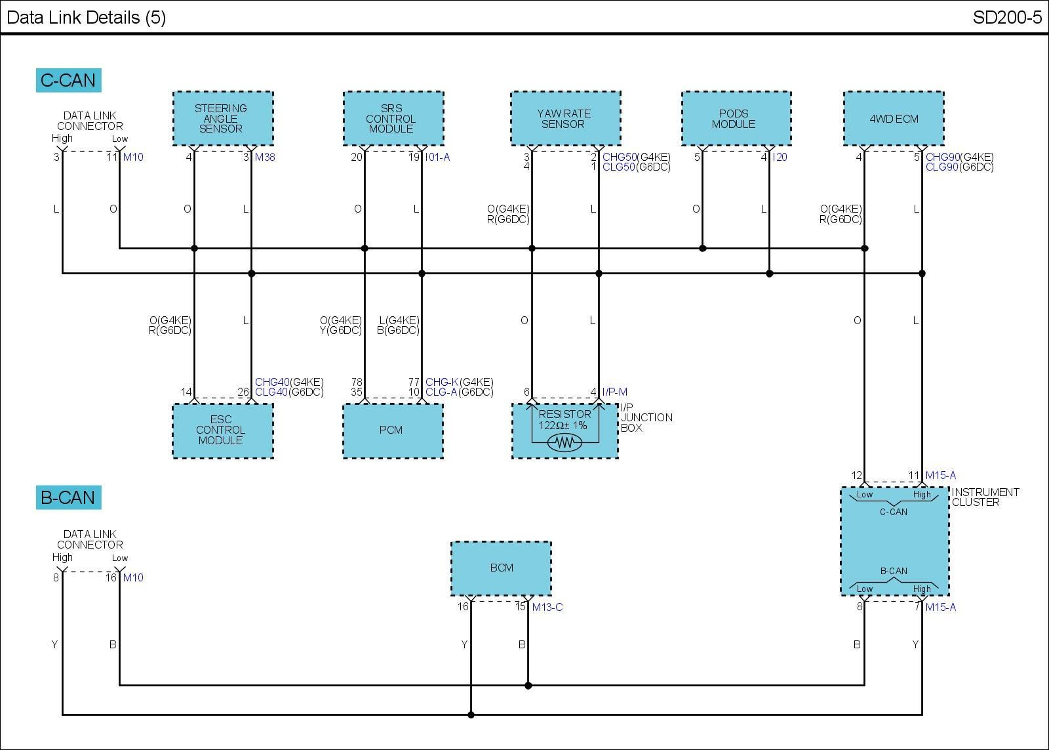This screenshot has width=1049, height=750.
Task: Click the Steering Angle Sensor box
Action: (x=223, y=119)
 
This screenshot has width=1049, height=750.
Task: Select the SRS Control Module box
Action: (x=393, y=119)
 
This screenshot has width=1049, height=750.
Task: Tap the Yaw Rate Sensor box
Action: (x=566, y=119)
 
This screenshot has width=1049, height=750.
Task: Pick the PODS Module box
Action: (x=736, y=119)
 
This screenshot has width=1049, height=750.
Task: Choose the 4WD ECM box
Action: (x=894, y=119)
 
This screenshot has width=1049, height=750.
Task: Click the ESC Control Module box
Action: (x=223, y=431)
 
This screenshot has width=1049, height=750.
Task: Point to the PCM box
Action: (x=393, y=431)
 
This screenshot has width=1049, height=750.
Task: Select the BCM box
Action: (x=501, y=568)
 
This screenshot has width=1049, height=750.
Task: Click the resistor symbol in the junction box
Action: (x=564, y=442)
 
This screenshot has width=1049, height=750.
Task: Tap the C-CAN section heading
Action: (x=68, y=80)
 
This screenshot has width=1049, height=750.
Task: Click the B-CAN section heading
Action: (x=68, y=497)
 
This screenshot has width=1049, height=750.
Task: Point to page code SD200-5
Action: (x=1007, y=17)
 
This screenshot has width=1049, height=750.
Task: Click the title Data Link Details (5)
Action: (x=86, y=17)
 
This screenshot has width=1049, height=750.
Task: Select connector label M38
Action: (x=265, y=157)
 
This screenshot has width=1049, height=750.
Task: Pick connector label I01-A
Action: (x=437, y=157)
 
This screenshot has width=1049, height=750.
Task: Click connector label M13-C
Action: (x=547, y=607)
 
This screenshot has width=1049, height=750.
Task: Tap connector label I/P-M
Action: (x=614, y=392)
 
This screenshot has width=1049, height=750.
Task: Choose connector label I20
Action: (x=780, y=157)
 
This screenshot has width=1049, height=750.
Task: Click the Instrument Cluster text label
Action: (x=985, y=497)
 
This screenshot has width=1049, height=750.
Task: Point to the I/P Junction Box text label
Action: (x=646, y=418)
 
